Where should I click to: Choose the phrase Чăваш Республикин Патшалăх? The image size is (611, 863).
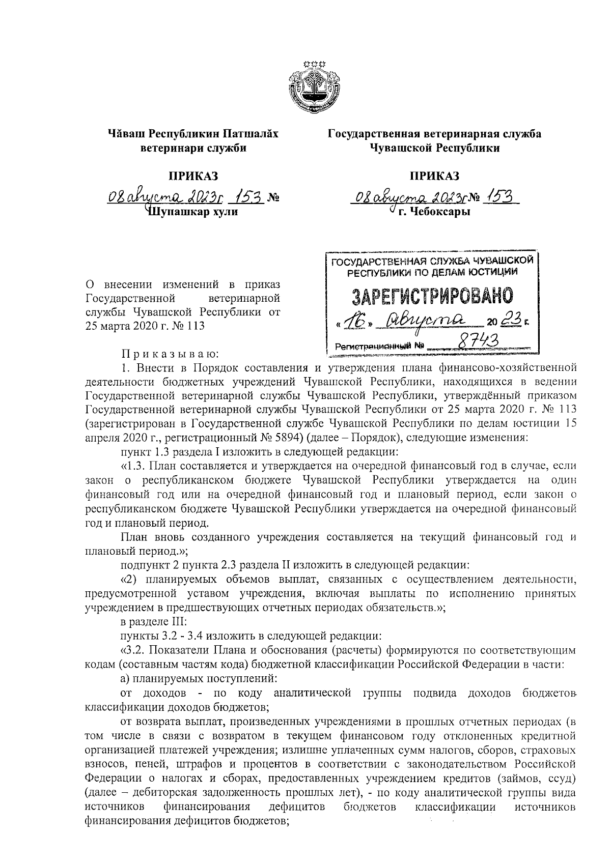(193, 134)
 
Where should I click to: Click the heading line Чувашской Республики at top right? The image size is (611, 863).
(434, 148)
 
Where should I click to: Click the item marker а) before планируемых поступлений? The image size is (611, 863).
(125, 678)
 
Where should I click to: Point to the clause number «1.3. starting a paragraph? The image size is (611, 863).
(135, 466)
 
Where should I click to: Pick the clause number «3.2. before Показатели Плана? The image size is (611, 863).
(135, 650)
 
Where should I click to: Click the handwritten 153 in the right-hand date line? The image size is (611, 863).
(501, 197)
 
